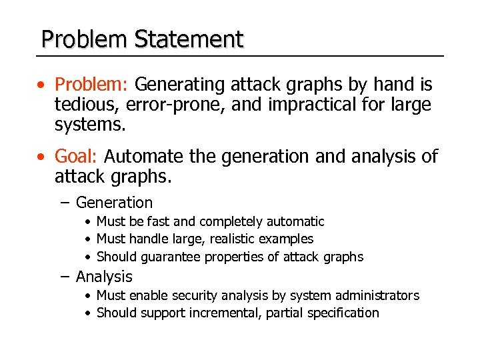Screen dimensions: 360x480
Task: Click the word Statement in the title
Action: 189,40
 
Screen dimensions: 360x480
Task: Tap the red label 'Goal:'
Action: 76,157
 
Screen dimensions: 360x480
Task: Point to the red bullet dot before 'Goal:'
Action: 42,157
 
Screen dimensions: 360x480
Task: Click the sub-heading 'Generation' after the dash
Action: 114,203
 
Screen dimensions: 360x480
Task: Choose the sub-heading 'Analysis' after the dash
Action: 104,277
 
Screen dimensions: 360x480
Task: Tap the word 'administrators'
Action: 377,295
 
